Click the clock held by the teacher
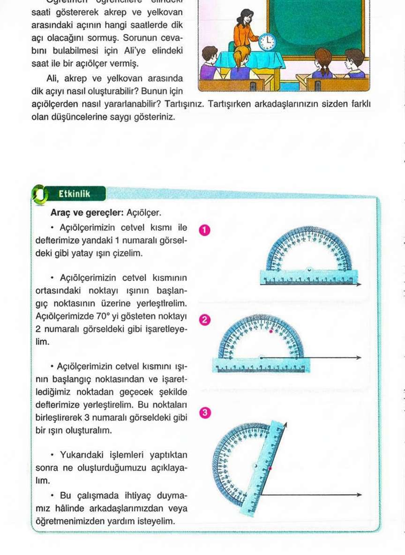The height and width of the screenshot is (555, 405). (268, 43)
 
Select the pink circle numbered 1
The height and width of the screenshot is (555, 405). (204, 230)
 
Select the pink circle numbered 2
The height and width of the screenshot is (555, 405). (204, 321)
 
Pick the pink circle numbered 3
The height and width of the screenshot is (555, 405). (204, 412)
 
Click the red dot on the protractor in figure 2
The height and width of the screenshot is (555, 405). (271, 331)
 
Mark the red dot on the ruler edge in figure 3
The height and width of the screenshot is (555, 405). (270, 468)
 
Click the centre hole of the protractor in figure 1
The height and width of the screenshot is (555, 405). (308, 269)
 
